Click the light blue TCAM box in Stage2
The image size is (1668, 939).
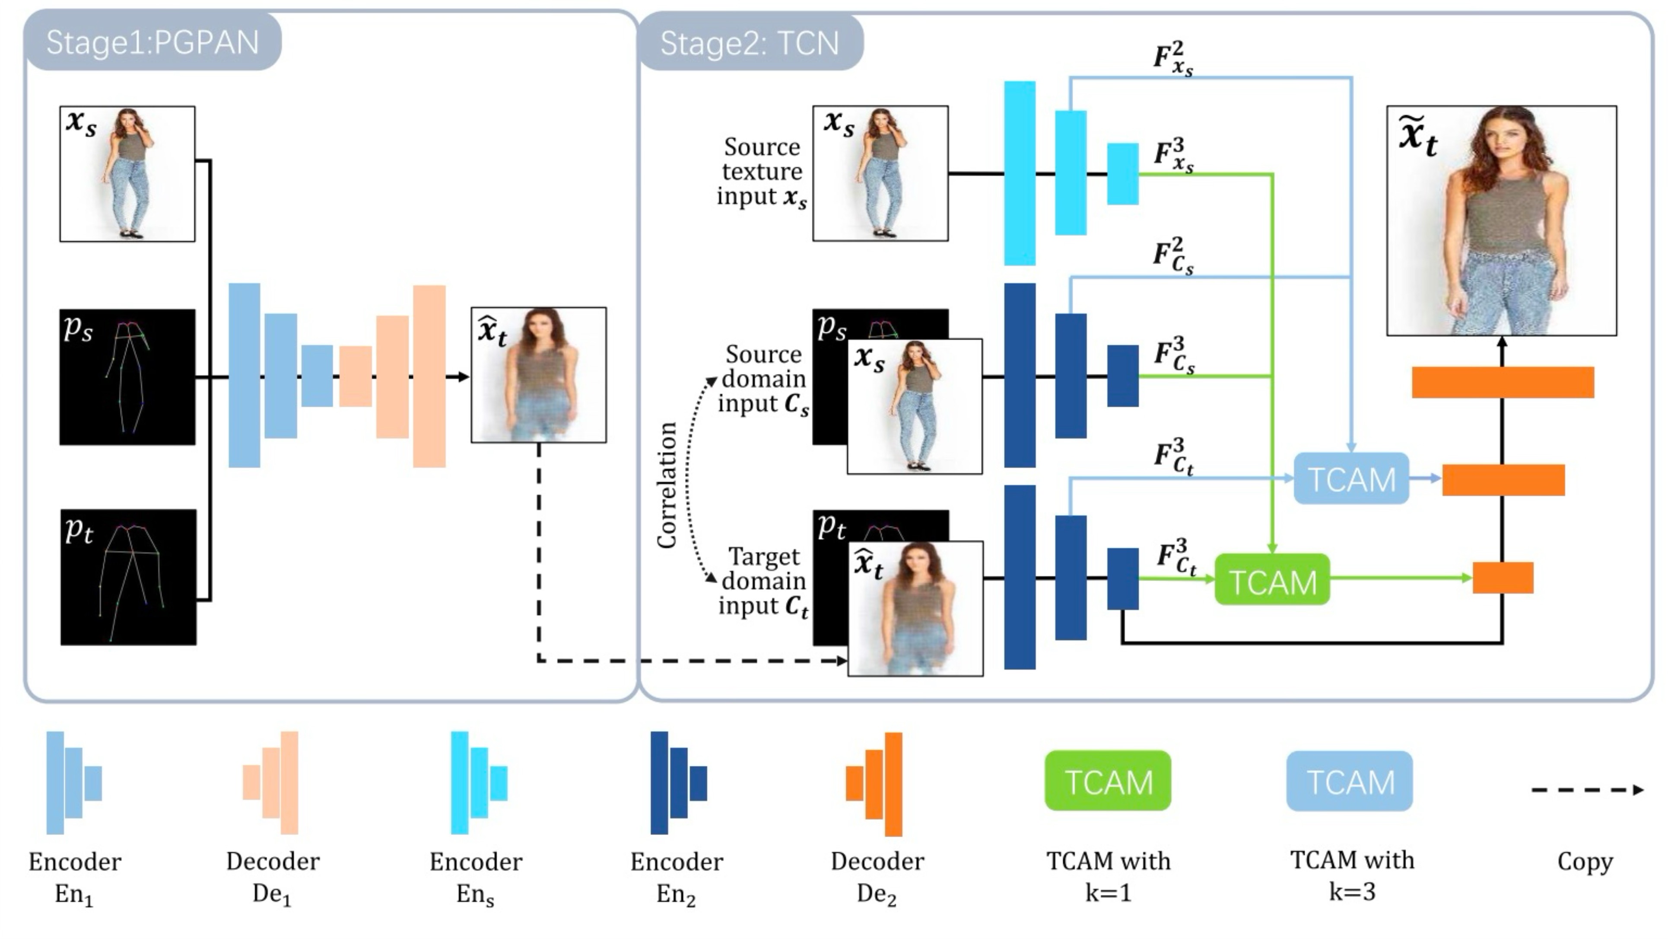coord(1351,479)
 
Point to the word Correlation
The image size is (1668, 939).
coord(667,485)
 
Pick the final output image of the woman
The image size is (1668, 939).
coord(1502,220)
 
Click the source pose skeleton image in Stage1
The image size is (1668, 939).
coord(127,377)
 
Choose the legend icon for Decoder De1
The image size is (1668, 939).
coord(271,783)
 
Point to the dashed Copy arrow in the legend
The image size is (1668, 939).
coord(1586,790)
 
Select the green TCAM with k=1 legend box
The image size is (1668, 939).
coord(1108,781)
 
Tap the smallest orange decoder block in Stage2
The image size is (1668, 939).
coord(1503,578)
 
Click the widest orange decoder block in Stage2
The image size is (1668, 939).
coord(1503,382)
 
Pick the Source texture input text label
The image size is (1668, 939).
coord(762,172)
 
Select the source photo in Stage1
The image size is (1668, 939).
coord(127,174)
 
